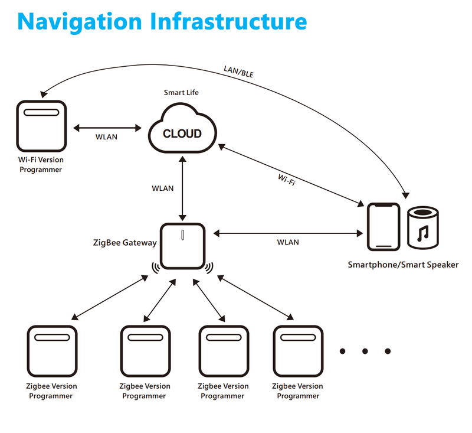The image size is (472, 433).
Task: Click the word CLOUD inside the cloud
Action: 182,134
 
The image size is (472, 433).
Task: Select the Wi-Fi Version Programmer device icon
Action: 41,125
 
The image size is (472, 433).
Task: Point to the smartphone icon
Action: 383,227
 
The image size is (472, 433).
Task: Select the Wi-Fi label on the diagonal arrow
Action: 287,180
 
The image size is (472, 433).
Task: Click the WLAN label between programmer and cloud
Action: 106,137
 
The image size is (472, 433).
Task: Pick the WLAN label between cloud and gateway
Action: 163,188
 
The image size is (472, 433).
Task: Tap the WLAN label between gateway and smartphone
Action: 288,242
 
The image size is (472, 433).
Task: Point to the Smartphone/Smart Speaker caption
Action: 403,265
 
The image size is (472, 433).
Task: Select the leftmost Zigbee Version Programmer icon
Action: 53,351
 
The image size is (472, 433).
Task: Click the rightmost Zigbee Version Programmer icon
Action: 298,351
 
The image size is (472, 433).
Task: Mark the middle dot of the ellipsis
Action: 365,351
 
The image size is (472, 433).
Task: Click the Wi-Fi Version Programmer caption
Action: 41,165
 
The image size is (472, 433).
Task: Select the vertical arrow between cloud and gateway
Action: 183,188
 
